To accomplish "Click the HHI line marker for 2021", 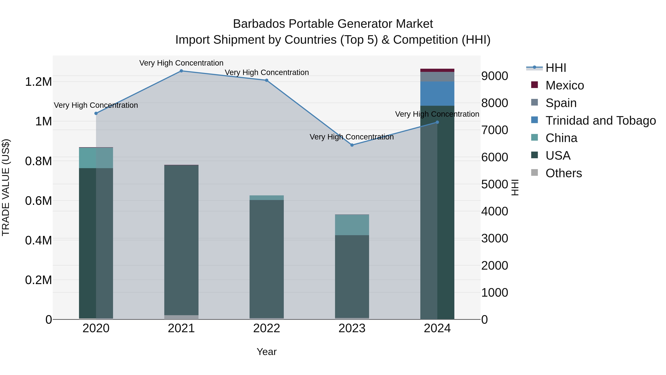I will tap(181, 71).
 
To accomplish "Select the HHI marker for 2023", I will tap(352, 145).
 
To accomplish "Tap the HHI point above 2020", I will tap(96, 113).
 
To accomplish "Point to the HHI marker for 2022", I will tap(267, 80).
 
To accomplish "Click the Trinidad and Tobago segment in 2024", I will tap(437, 94).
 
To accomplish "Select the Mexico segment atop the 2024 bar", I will tap(437, 70).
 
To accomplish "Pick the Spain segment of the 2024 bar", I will tap(437, 77).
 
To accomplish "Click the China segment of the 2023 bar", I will tap(352, 225).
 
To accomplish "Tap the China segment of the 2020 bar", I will tap(96, 158).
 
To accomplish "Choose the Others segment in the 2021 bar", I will tap(181, 317).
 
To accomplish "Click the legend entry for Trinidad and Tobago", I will tap(600, 121).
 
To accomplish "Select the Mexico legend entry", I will tap(564, 85).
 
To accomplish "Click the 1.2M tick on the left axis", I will tap(38, 82).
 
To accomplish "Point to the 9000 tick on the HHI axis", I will tap(494, 76).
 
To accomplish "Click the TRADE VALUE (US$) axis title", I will tap(6, 187).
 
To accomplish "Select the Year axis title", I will tap(267, 352).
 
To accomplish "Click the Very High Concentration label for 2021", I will tap(181, 63).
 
